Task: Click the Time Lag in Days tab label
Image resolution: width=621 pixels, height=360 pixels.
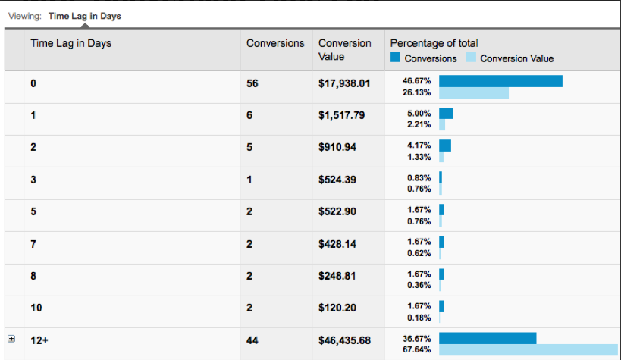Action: click(x=84, y=15)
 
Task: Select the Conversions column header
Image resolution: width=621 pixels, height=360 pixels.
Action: click(x=275, y=43)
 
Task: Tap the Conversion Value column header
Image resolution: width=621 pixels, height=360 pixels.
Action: click(x=344, y=50)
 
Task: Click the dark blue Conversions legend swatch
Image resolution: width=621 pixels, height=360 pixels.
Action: click(x=395, y=58)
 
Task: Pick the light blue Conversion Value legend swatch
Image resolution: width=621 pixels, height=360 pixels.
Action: click(x=471, y=58)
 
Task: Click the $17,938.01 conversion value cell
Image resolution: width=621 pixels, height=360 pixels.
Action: click(x=344, y=83)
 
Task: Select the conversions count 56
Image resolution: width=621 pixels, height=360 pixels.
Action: click(x=252, y=83)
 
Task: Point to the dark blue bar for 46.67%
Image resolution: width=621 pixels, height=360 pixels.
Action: click(x=500, y=80)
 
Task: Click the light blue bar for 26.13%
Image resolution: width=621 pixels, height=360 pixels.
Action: click(x=474, y=92)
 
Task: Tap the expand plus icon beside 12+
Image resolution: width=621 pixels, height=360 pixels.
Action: click(x=11, y=340)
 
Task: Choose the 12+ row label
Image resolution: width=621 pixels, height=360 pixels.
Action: click(x=39, y=340)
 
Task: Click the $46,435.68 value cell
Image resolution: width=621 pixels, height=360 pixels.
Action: click(x=344, y=340)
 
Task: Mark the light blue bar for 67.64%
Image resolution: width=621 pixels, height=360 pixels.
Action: click(x=528, y=349)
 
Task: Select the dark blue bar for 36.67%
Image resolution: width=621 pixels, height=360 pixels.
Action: click(x=488, y=337)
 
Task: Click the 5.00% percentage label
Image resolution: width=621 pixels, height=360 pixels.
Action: click(x=419, y=113)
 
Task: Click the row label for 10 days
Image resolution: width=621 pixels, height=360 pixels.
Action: click(x=36, y=308)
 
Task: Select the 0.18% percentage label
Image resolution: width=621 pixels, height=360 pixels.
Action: click(x=419, y=318)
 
